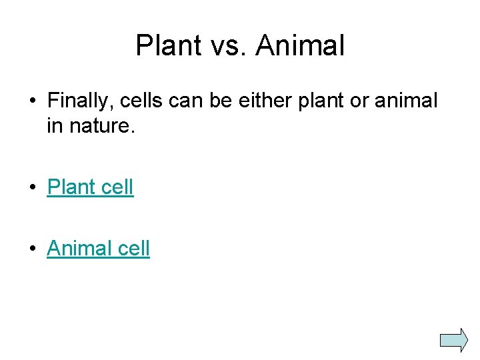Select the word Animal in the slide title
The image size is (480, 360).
pyautogui.click(x=300, y=46)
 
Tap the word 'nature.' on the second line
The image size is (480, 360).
pyautogui.click(x=101, y=126)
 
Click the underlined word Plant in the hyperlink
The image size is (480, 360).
pyautogui.click(x=72, y=187)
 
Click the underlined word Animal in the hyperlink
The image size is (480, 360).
pyautogui.click(x=80, y=249)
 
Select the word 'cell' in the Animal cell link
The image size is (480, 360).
pyautogui.click(x=134, y=249)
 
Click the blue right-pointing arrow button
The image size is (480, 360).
pyautogui.click(x=455, y=339)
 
